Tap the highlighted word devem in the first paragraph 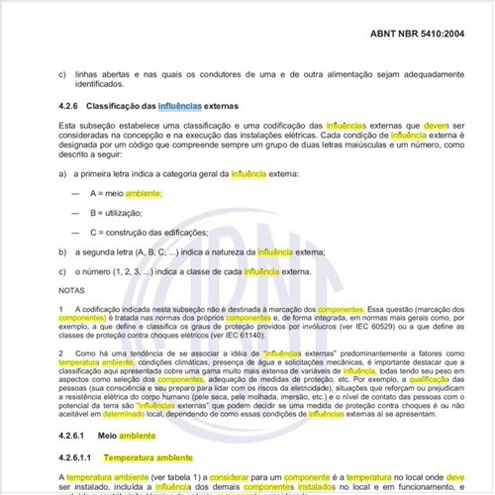[438, 127]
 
